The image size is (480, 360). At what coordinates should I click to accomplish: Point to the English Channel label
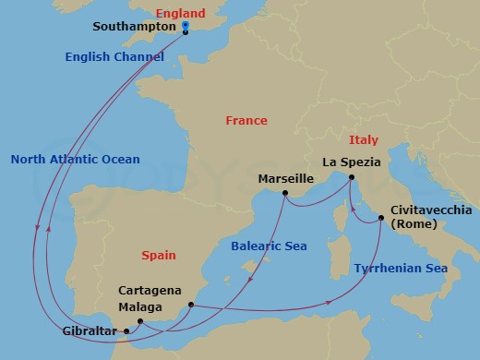tap(115, 57)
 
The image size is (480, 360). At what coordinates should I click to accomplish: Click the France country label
tap(246, 121)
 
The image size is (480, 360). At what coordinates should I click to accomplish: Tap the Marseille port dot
tap(285, 193)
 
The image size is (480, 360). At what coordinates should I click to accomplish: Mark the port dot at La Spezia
tap(352, 180)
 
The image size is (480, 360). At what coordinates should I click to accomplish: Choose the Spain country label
tap(159, 255)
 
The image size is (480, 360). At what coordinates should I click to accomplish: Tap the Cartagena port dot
tap(190, 305)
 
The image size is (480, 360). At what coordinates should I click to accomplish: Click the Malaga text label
tap(140, 306)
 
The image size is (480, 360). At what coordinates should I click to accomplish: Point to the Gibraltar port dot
tap(126, 330)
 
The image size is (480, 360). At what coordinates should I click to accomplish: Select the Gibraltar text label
tap(90, 330)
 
